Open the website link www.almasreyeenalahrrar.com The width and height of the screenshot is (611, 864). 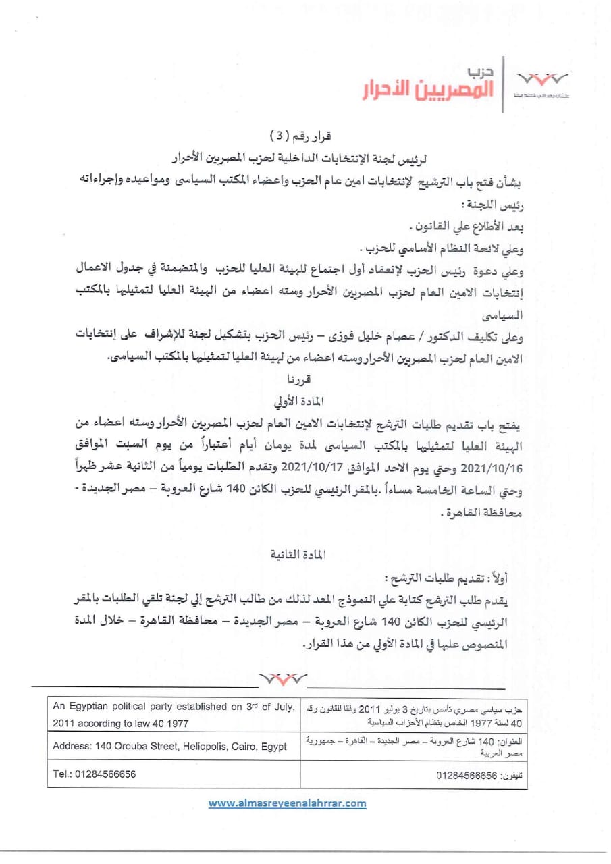287,803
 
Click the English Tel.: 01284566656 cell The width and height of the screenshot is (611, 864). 94,774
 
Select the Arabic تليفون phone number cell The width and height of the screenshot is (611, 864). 479,776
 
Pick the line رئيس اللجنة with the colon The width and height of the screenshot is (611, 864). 494,204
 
